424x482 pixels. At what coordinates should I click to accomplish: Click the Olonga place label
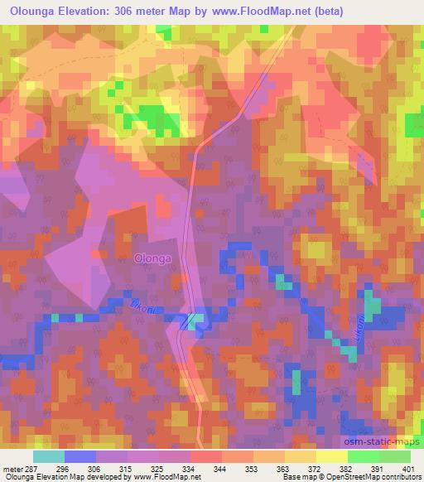point(152,258)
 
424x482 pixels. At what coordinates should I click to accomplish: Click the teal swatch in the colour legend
point(48,456)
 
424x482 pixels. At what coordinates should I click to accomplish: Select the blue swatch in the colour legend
point(80,456)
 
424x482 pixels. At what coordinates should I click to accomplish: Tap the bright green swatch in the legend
point(364,456)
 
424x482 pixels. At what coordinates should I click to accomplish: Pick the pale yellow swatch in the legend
point(332,456)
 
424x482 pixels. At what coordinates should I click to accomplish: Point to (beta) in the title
point(325,12)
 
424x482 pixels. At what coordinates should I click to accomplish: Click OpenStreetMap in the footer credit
point(373,478)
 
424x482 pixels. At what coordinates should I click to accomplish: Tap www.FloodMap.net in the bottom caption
point(166,478)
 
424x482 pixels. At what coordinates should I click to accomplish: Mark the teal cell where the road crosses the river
point(195,323)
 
